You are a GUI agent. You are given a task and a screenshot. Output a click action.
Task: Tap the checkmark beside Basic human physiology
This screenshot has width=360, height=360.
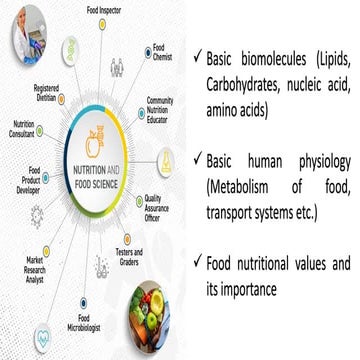tap(203, 159)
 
